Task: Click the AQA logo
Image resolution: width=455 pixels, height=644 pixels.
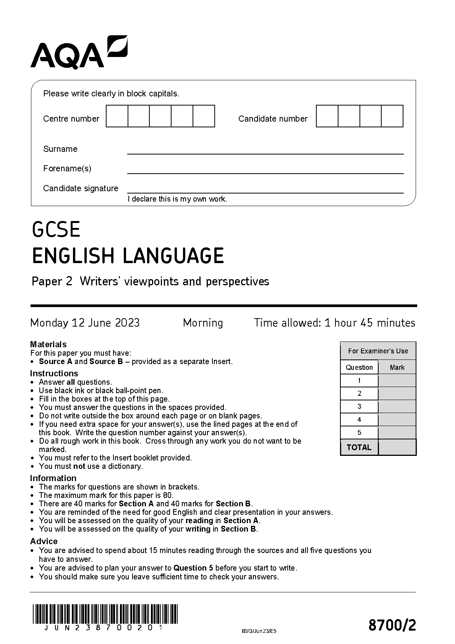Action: click(79, 52)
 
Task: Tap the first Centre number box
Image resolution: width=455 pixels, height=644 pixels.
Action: click(117, 116)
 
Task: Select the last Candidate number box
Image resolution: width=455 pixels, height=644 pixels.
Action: click(392, 116)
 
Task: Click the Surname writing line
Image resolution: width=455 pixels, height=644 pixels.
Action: click(265, 153)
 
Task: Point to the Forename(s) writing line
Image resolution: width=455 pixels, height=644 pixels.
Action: click(265, 172)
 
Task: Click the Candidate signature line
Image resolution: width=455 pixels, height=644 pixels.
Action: click(265, 192)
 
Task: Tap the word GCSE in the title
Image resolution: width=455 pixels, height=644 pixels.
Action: click(56, 229)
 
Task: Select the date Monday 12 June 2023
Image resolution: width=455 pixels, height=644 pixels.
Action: click(85, 323)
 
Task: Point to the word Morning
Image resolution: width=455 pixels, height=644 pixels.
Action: click(203, 323)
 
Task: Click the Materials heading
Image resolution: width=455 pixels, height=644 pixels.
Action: click(48, 344)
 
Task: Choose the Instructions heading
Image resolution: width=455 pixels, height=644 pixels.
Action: click(54, 373)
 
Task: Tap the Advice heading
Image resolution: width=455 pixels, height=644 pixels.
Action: click(44, 541)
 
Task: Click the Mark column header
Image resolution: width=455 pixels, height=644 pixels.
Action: click(397, 368)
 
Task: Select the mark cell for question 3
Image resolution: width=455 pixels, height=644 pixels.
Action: click(397, 407)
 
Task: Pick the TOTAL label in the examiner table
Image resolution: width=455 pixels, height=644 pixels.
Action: click(359, 447)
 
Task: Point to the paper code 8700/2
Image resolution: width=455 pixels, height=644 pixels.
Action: click(392, 626)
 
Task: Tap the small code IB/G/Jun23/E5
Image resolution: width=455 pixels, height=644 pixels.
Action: click(259, 631)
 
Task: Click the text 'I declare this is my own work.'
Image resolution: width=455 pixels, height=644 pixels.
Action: click(177, 199)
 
